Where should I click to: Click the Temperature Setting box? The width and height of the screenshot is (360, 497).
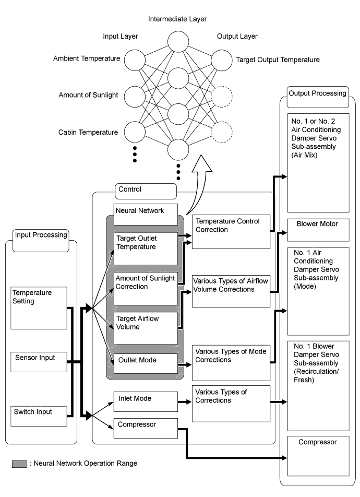click(x=39, y=307)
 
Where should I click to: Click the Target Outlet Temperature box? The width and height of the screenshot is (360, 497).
click(x=145, y=248)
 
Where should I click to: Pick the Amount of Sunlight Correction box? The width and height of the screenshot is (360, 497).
click(x=145, y=288)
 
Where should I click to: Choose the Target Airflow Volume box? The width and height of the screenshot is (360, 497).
click(x=145, y=328)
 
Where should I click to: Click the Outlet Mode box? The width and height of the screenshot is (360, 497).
click(x=145, y=363)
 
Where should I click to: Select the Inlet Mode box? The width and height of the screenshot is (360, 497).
click(x=145, y=403)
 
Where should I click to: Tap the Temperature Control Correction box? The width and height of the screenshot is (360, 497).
click(x=231, y=229)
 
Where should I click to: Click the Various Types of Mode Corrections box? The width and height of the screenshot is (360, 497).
click(x=231, y=362)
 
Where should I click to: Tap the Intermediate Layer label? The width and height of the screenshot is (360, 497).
click(x=177, y=19)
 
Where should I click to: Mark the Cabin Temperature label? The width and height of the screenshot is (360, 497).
click(x=88, y=132)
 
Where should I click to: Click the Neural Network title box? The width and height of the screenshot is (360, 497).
click(x=145, y=210)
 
